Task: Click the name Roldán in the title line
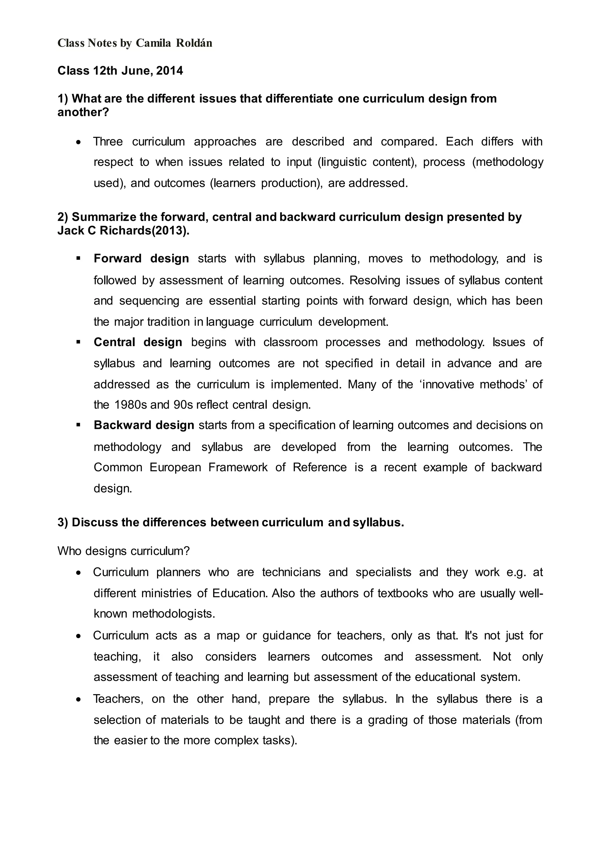[x=194, y=43]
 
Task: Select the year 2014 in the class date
[x=169, y=70]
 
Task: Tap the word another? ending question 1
[x=83, y=112]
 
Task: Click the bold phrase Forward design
[x=141, y=259]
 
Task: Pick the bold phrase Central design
[x=138, y=342]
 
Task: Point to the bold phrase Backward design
[x=144, y=425]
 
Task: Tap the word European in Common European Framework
[x=175, y=468]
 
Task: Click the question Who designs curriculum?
[x=123, y=551]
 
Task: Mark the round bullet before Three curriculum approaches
[x=78, y=142]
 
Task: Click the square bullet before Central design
[x=78, y=342]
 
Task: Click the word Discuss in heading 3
[x=93, y=523]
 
